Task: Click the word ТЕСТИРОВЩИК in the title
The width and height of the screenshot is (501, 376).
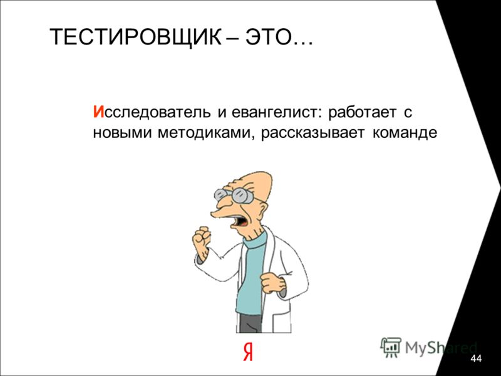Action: [x=135, y=37]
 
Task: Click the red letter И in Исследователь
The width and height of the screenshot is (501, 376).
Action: [x=99, y=112]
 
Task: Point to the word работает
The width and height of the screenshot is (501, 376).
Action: [x=362, y=112]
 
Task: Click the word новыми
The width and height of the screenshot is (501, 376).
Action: [x=122, y=133]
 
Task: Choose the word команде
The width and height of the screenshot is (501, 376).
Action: [x=404, y=133]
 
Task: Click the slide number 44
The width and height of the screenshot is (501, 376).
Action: [x=476, y=358]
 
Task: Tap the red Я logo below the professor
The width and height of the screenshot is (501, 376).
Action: [x=247, y=352]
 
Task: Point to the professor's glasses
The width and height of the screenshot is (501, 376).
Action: [x=234, y=196]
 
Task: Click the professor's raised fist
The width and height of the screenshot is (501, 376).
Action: [x=201, y=238]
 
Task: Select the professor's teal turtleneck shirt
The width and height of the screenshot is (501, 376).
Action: [x=252, y=275]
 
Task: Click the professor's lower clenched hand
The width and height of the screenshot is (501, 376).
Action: [x=272, y=283]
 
